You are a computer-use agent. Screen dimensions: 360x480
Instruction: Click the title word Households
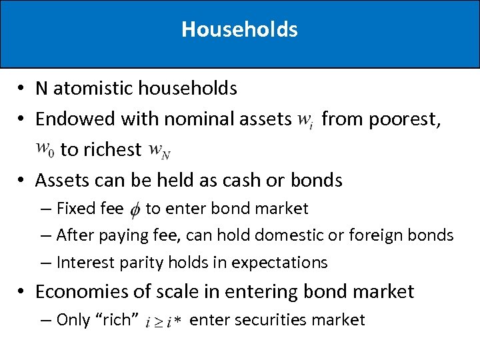click(x=239, y=29)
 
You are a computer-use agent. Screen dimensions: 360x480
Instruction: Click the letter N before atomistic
click(x=41, y=88)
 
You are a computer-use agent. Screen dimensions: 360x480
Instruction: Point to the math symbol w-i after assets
click(x=305, y=120)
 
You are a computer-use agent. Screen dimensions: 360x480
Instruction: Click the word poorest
click(x=405, y=119)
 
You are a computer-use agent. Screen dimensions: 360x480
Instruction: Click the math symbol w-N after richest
click(x=159, y=151)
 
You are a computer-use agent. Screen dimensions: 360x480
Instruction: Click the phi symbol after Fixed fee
click(x=134, y=210)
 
